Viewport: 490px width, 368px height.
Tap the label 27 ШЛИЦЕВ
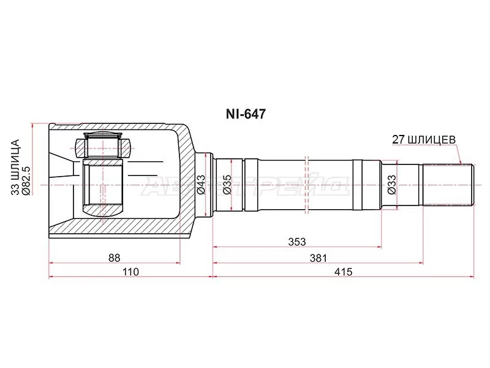pyautogui.click(x=423, y=139)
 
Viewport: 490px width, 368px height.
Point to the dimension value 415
pyautogui.click(x=344, y=272)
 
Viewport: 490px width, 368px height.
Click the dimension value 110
pyautogui.click(x=130, y=272)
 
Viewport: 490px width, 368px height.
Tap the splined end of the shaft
pyautogui.click(x=450, y=183)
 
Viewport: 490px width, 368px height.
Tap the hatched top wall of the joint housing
pyautogui.click(x=116, y=130)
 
